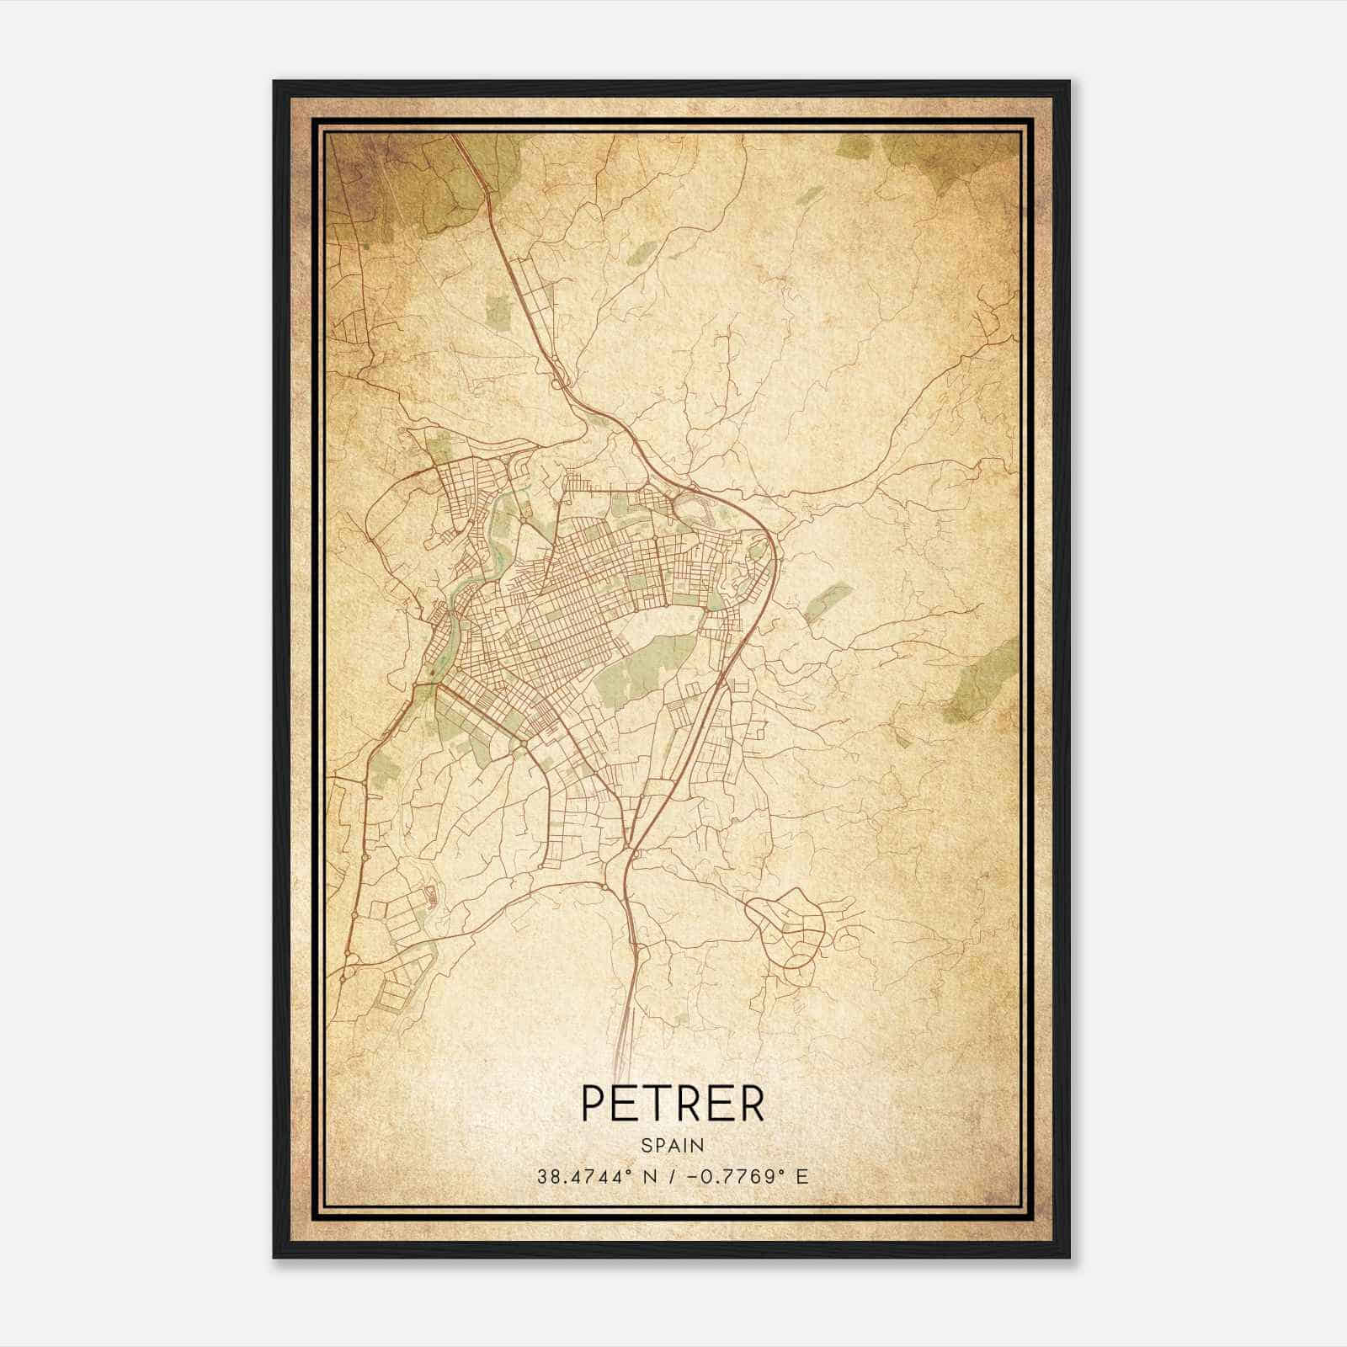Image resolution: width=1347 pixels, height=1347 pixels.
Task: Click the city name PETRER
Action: pos(673,1104)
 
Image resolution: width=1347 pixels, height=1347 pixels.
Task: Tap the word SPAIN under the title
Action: pos(673,1145)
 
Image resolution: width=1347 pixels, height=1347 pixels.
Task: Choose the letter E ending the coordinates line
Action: pos(802,1176)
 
